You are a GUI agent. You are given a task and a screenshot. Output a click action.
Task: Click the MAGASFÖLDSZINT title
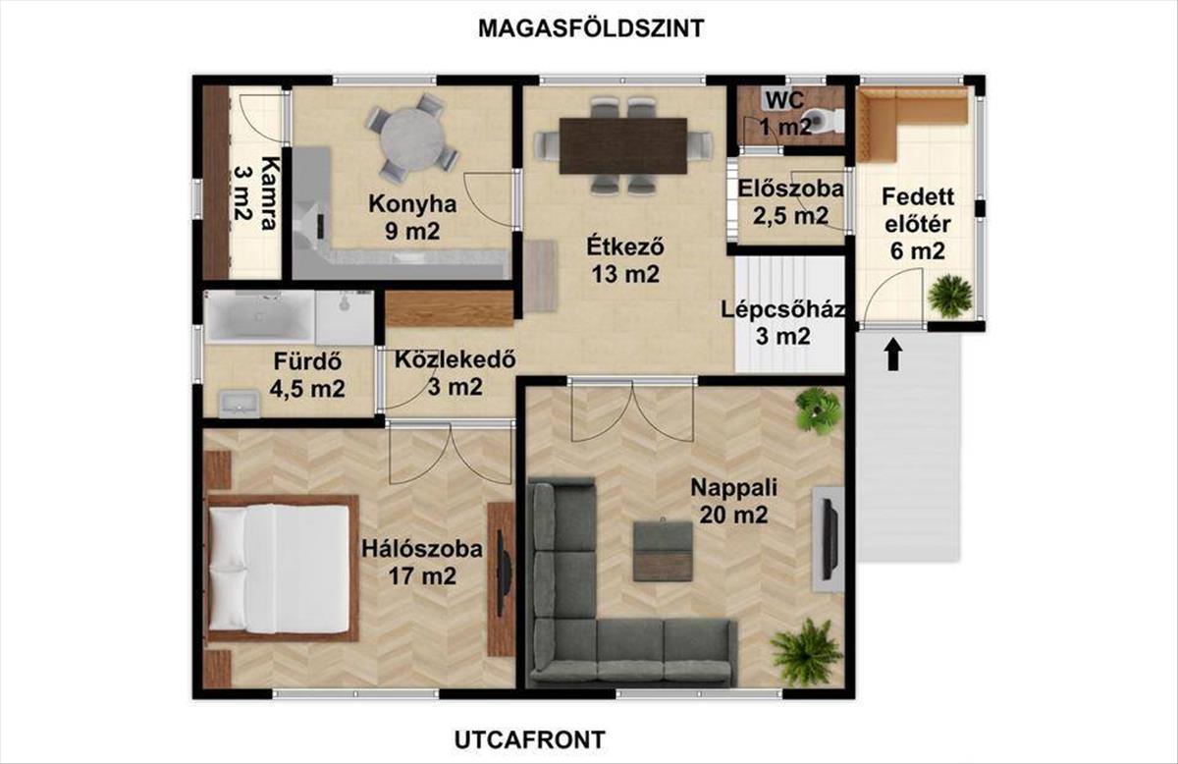pos(591,28)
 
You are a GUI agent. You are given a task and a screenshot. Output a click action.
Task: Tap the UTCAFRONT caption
pos(529,739)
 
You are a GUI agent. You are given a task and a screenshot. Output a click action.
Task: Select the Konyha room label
pos(412,204)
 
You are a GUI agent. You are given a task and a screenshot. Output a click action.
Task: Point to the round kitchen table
pos(413,138)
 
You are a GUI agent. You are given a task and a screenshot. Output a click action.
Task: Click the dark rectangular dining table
pos(623,145)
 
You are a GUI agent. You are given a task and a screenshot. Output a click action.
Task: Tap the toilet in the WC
pos(824,120)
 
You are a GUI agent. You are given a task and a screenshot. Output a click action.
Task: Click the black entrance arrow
pos(892,355)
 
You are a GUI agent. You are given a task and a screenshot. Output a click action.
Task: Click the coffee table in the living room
pos(663,552)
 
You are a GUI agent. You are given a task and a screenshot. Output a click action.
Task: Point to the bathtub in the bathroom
pos(260,317)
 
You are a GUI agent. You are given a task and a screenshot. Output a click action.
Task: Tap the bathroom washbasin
pos(240,405)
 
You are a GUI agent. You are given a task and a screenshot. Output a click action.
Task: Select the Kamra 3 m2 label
pos(255,192)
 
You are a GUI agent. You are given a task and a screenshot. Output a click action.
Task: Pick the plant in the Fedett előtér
pos(949,297)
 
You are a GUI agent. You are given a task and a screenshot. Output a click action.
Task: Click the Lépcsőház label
pos(783,309)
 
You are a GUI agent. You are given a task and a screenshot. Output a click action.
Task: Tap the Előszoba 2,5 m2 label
pos(790,202)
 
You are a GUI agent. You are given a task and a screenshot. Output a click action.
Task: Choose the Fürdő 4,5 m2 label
pos(307,375)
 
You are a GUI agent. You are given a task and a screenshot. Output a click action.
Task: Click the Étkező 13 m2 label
pos(625,260)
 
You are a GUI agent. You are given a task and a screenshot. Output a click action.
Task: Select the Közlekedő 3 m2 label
pos(455,373)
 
